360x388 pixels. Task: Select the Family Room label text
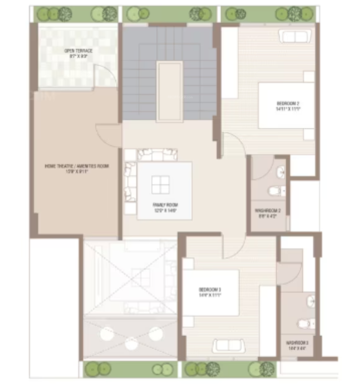coord(165,207)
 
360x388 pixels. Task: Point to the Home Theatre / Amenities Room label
coord(77,168)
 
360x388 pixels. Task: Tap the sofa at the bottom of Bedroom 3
coord(228,346)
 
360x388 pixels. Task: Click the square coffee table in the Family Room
coord(160,185)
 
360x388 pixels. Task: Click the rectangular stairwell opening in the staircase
coord(169,91)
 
